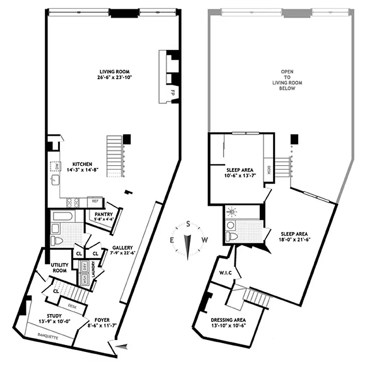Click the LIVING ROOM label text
tap(114, 72)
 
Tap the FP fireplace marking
tap(172, 91)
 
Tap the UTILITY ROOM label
tap(59, 268)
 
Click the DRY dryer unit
tap(84, 266)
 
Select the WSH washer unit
tap(84, 279)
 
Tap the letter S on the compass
tap(188, 223)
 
